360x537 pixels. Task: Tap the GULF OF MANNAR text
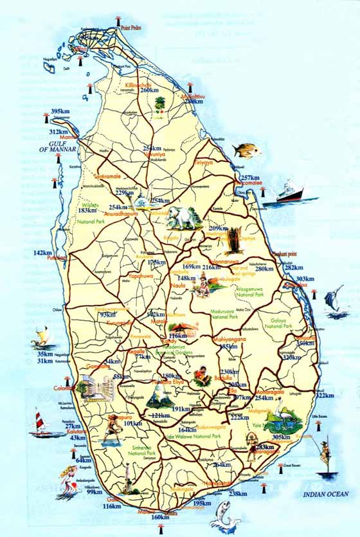(x=68, y=147)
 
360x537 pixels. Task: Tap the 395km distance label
(x=60, y=112)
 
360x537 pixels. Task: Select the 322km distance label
(x=325, y=396)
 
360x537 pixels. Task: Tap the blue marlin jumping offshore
(x=334, y=302)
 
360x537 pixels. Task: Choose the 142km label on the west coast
(x=42, y=253)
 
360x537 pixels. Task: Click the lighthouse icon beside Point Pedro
(x=119, y=22)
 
